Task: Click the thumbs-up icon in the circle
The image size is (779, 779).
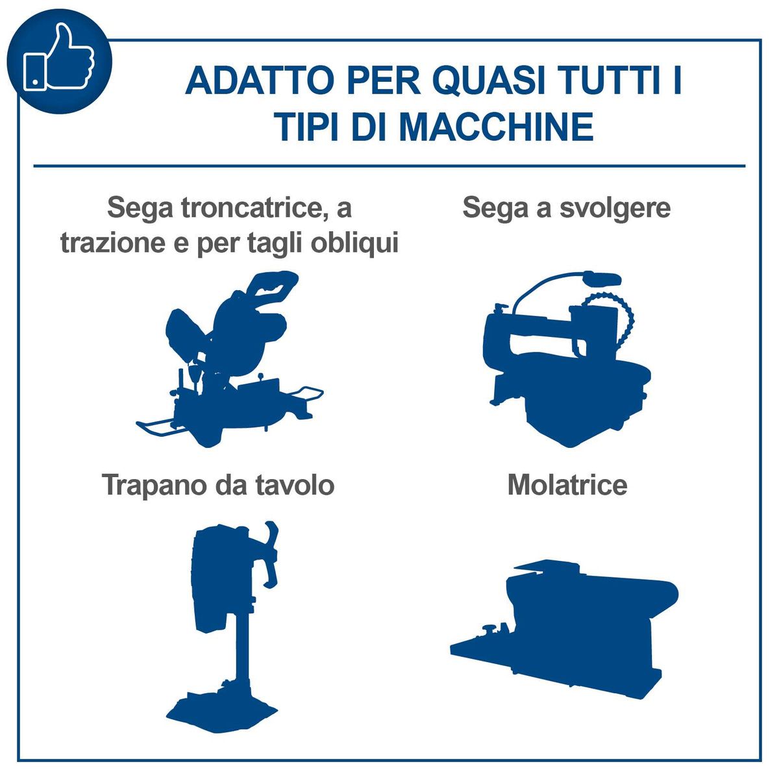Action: tap(60, 58)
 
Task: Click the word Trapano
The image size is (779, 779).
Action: tap(153, 486)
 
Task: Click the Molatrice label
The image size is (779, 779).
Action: tap(567, 486)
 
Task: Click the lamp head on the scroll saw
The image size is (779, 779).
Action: tap(601, 280)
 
